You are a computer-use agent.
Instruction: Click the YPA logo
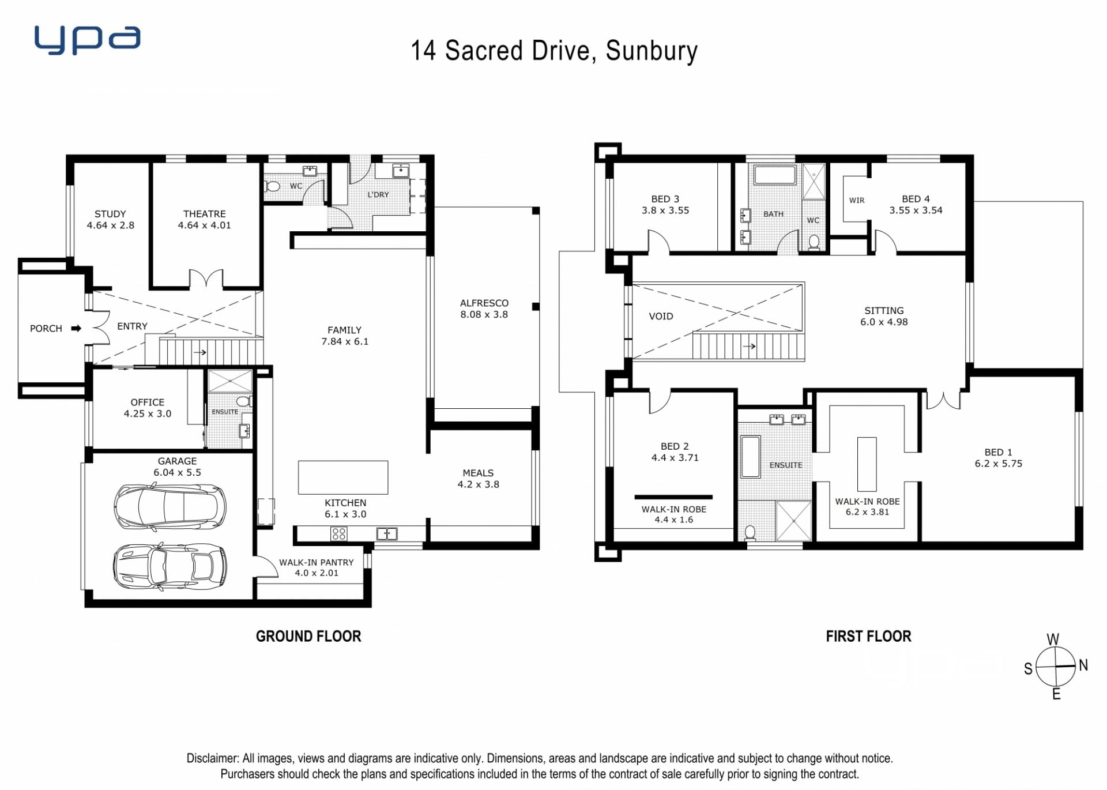pyautogui.click(x=87, y=40)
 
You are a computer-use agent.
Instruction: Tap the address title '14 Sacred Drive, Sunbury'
pyautogui.click(x=554, y=51)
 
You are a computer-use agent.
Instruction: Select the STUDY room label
pyautogui.click(x=110, y=214)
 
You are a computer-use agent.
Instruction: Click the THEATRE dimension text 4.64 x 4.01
pyautogui.click(x=204, y=225)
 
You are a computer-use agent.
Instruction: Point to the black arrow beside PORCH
pyautogui.click(x=76, y=329)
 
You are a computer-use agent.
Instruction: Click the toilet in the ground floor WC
pyautogui.click(x=272, y=186)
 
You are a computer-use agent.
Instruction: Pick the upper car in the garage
pyautogui.click(x=170, y=507)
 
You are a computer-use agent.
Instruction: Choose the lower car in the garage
pyautogui.click(x=170, y=567)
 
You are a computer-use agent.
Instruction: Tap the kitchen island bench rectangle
pyautogui.click(x=343, y=477)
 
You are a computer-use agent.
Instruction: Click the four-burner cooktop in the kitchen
pyautogui.click(x=339, y=534)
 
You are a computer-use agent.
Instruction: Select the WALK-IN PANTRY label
pyautogui.click(x=317, y=562)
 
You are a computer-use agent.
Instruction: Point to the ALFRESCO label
pyautogui.click(x=484, y=303)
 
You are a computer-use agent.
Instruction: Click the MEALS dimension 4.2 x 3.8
pyautogui.click(x=479, y=484)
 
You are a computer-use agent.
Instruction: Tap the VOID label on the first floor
pyautogui.click(x=661, y=316)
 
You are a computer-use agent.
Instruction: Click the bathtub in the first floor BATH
pyautogui.click(x=775, y=175)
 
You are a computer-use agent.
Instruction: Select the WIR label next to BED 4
pyautogui.click(x=857, y=200)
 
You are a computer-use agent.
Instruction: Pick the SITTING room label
pyautogui.click(x=884, y=310)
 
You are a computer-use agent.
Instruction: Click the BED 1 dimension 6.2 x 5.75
pyautogui.click(x=999, y=464)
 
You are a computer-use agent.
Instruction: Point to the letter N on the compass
pyautogui.click(x=1083, y=665)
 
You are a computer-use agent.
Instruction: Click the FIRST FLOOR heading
pyautogui.click(x=868, y=637)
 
